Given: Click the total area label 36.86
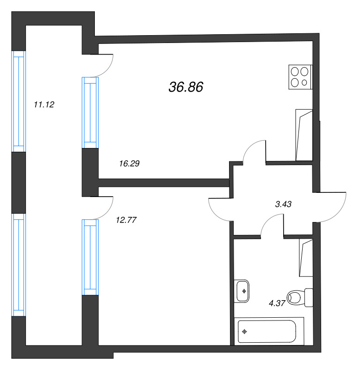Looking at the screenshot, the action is point(186,87).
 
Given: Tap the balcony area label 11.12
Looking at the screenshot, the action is point(44,105).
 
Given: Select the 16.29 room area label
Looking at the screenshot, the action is point(130,163).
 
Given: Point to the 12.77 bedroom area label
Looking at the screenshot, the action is point(126,220).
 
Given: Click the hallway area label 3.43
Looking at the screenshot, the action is point(283,204).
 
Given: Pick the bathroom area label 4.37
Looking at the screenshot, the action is point(277,303).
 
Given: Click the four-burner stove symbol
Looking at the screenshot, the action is point(300,77).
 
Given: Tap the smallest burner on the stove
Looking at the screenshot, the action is point(304,83).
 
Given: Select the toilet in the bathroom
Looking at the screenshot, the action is point(300,297).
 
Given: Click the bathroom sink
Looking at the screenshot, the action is point(242,291).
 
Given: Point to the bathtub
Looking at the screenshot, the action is point(269,331).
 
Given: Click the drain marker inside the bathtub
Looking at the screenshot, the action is point(245,332).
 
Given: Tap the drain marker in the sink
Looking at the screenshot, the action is point(244,291).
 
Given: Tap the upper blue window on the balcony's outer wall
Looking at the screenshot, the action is point(19,101).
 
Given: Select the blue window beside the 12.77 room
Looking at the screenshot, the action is point(90,257).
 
